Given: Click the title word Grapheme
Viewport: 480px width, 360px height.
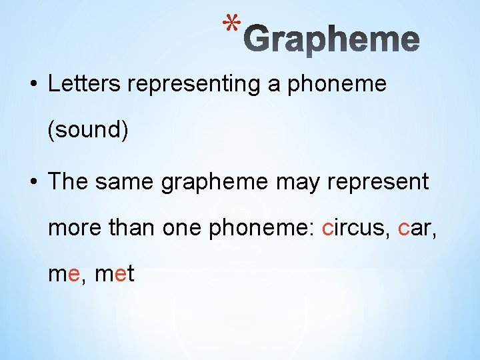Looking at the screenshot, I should pyautogui.click(x=336, y=39).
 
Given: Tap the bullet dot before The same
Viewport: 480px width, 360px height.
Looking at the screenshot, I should pyautogui.click(x=32, y=183).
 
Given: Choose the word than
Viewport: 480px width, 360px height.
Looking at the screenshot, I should pyautogui.click(x=139, y=228).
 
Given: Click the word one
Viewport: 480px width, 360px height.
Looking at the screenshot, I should pyautogui.click(x=186, y=228).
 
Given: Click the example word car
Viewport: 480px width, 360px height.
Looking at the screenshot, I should pyautogui.click(x=414, y=229).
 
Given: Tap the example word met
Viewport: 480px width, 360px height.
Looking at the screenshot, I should pyautogui.click(x=115, y=273).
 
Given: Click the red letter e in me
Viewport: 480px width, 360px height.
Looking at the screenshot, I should pyautogui.click(x=74, y=274).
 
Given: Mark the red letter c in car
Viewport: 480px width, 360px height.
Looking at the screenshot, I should pyautogui.click(x=403, y=229).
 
